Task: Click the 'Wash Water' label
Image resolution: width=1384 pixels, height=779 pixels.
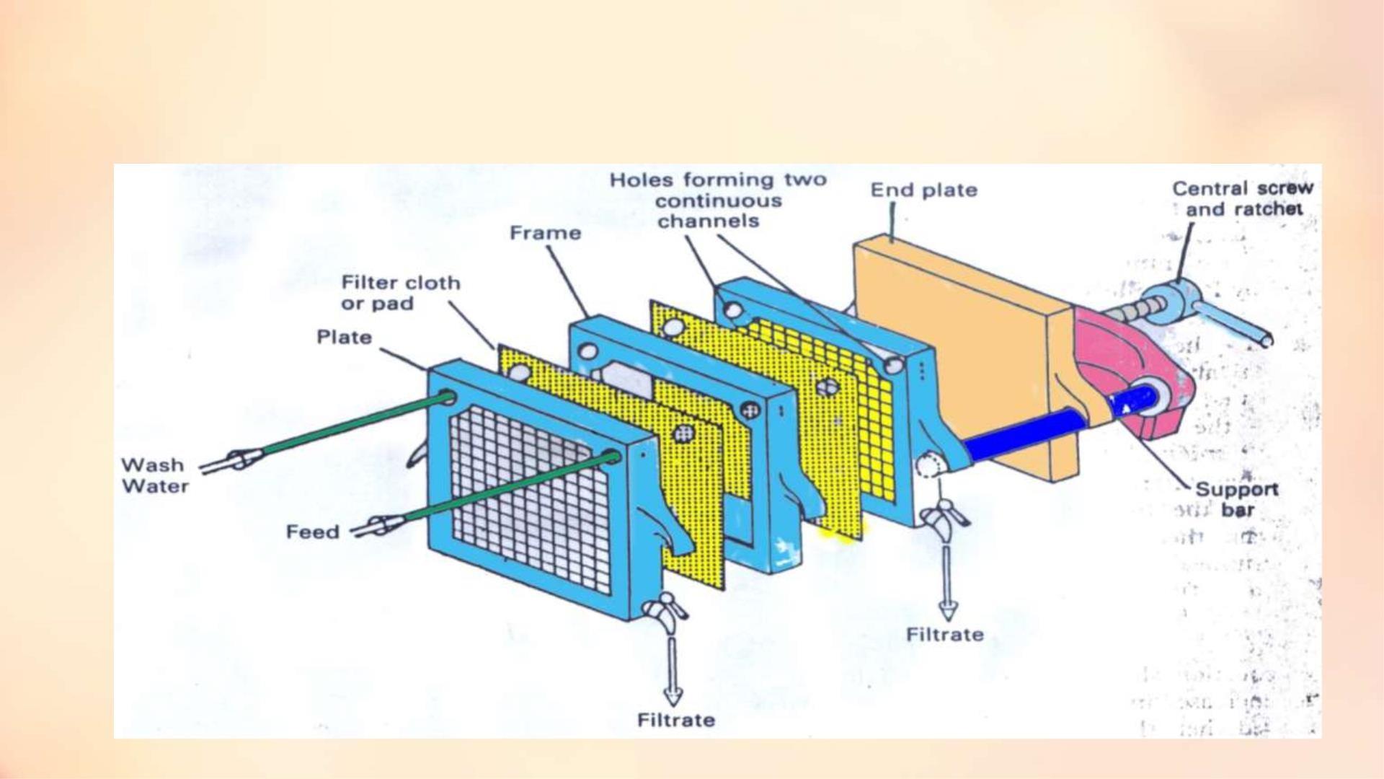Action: [x=155, y=475]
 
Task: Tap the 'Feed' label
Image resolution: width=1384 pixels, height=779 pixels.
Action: [x=312, y=532]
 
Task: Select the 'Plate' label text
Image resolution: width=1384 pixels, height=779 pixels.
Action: [x=344, y=338]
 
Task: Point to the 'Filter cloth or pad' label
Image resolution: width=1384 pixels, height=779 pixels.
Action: [x=400, y=293]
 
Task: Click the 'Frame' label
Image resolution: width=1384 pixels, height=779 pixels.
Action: [x=545, y=233]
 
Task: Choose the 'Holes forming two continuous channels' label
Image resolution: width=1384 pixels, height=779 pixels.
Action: [x=718, y=201]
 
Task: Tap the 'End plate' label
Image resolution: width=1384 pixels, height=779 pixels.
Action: [x=923, y=190]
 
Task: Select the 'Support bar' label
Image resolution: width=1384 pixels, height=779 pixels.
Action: [x=1237, y=499]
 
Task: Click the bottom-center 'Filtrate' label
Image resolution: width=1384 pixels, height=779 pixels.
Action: [x=676, y=720]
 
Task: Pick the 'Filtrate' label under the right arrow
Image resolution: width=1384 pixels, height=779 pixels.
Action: [x=944, y=635]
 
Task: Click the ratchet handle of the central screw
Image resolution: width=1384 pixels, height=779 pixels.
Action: [x=1233, y=321]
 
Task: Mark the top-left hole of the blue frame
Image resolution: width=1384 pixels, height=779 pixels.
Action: [x=588, y=352]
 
